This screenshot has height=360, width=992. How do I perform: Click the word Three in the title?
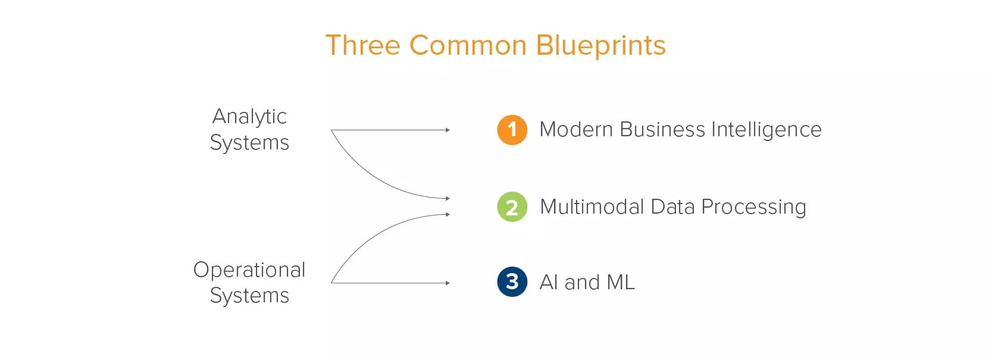[x=363, y=45]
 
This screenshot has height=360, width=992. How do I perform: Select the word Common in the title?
[x=468, y=45]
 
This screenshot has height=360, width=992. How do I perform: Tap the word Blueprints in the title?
[x=601, y=46]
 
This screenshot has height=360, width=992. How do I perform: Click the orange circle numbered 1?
[x=512, y=130]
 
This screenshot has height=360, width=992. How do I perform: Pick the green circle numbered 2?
[x=512, y=207]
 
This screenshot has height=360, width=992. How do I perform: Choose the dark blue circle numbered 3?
[x=512, y=281]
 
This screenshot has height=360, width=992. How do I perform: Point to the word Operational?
[x=249, y=270]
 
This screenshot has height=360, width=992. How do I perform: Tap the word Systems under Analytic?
[x=249, y=143]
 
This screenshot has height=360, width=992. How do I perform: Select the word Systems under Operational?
[x=249, y=296]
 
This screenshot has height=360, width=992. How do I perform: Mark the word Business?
[x=662, y=129]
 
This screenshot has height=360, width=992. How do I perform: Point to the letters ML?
[x=621, y=283]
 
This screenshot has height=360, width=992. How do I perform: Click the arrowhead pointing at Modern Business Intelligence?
[x=448, y=130]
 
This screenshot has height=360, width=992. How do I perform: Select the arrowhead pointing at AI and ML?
[x=448, y=283]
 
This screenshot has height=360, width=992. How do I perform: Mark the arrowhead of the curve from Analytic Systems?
[x=448, y=198]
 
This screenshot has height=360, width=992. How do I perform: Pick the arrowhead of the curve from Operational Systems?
[x=448, y=214]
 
